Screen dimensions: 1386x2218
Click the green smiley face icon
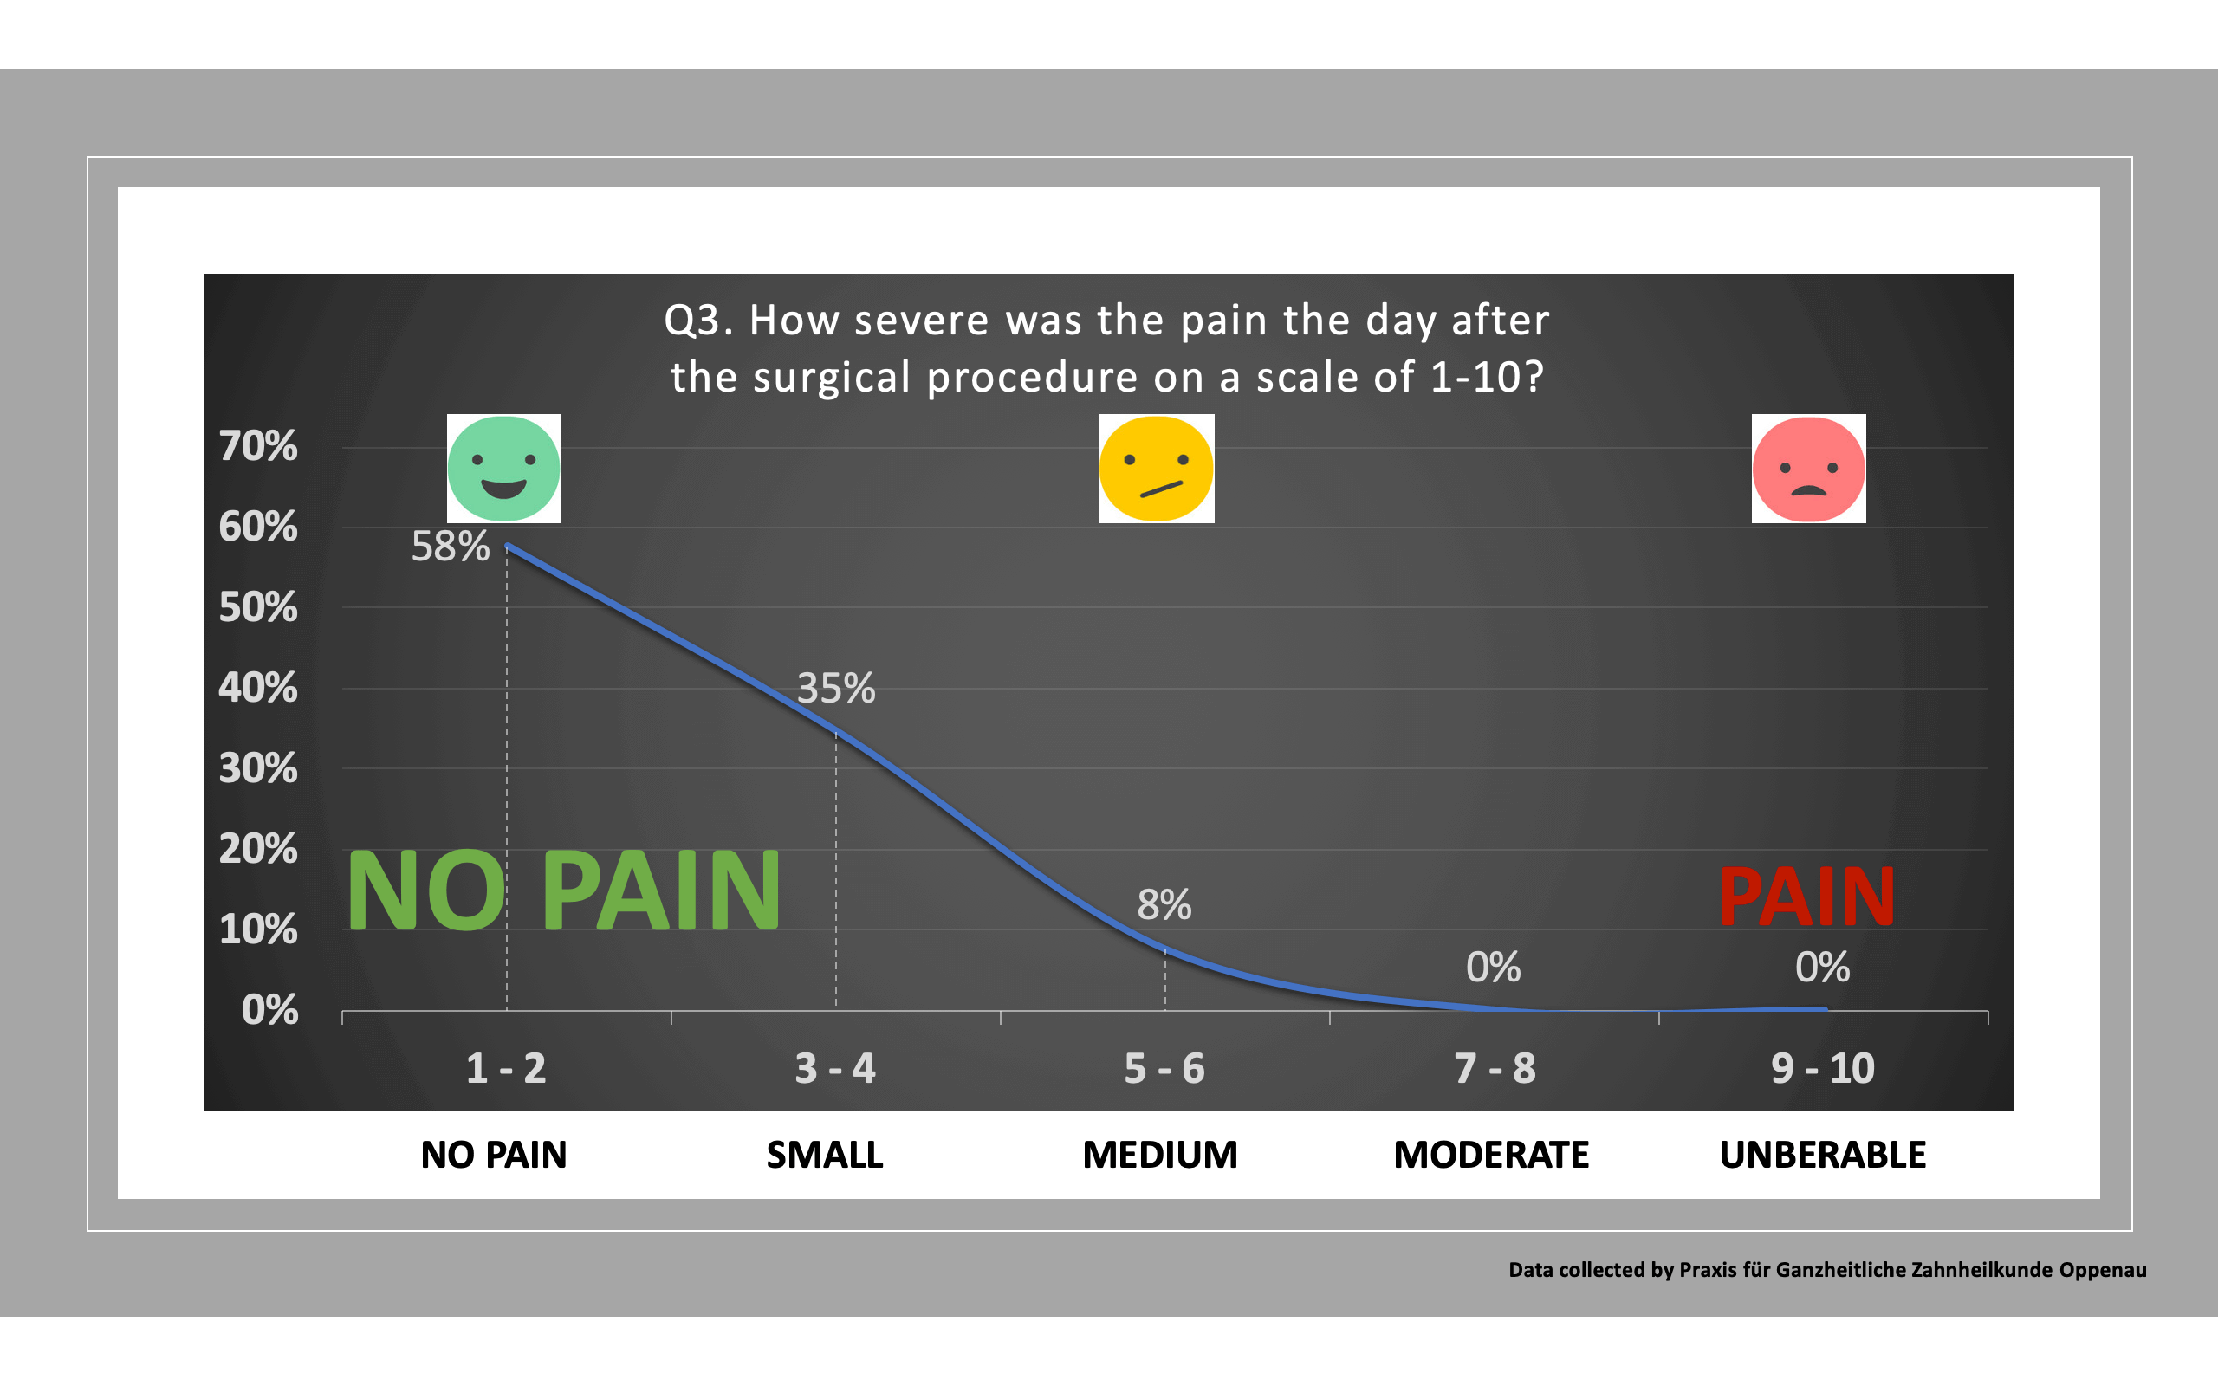pyautogui.click(x=503, y=469)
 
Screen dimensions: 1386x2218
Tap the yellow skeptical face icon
pyautogui.click(x=1156, y=469)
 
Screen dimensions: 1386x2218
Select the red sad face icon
pyautogui.click(x=1808, y=469)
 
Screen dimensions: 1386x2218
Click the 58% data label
pyautogui.click(x=450, y=547)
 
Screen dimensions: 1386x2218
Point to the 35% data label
pyautogui.click(x=835, y=689)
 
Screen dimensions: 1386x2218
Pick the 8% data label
pyautogui.click(x=1164, y=906)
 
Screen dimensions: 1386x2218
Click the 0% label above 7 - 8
pyautogui.click(x=1493, y=968)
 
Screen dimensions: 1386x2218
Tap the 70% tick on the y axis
pyautogui.click(x=258, y=446)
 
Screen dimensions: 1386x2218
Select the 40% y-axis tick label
pyautogui.click(x=258, y=689)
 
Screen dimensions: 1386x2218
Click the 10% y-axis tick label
pyautogui.click(x=258, y=930)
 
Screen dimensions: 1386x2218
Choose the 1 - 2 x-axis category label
pyautogui.click(x=506, y=1069)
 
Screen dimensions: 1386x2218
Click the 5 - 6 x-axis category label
pyautogui.click(x=1164, y=1069)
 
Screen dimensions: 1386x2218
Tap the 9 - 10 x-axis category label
pyautogui.click(x=1822, y=1069)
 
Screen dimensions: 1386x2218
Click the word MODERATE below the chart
pyautogui.click(x=1491, y=1155)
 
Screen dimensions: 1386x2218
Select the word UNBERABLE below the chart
pyautogui.click(x=1822, y=1155)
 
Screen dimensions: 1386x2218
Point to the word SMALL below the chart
pyautogui.click(x=825, y=1155)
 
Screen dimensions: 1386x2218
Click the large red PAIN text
pyautogui.click(x=1806, y=898)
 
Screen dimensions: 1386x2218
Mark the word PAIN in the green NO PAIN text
pyautogui.click(x=662, y=891)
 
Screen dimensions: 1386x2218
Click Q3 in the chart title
pyautogui.click(x=695, y=321)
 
